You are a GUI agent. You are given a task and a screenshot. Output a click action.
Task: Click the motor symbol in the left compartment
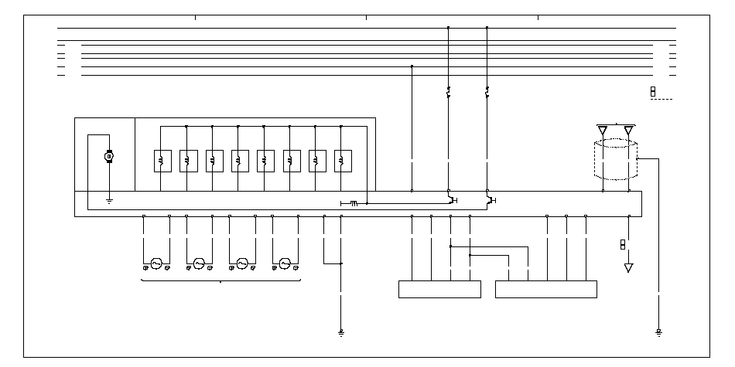pos(109,157)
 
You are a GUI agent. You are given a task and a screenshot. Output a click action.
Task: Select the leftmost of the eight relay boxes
pos(162,160)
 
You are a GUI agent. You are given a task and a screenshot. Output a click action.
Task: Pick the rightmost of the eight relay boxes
pos(343,160)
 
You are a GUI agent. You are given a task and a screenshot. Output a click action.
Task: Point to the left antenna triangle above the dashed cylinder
pos(603,130)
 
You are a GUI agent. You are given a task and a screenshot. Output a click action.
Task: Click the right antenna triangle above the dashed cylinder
pos(629,130)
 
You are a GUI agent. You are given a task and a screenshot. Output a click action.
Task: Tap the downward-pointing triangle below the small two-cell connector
pos(628,268)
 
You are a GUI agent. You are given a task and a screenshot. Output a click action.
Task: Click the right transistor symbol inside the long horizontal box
pos(490,201)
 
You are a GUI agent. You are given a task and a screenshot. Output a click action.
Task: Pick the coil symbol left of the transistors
pos(352,203)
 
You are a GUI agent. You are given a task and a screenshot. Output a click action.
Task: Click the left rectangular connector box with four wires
pos(439,289)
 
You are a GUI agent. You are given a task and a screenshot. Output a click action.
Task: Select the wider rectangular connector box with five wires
pos(546,289)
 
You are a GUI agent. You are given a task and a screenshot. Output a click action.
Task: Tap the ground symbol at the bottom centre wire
pos(341,333)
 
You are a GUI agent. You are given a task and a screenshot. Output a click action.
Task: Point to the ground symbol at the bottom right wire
pos(658,333)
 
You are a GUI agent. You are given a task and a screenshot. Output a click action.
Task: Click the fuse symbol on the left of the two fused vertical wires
pos(448,93)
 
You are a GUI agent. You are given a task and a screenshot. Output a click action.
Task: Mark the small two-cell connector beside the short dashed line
pos(652,93)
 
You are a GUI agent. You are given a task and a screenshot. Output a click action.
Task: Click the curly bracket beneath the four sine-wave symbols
pos(220,281)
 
